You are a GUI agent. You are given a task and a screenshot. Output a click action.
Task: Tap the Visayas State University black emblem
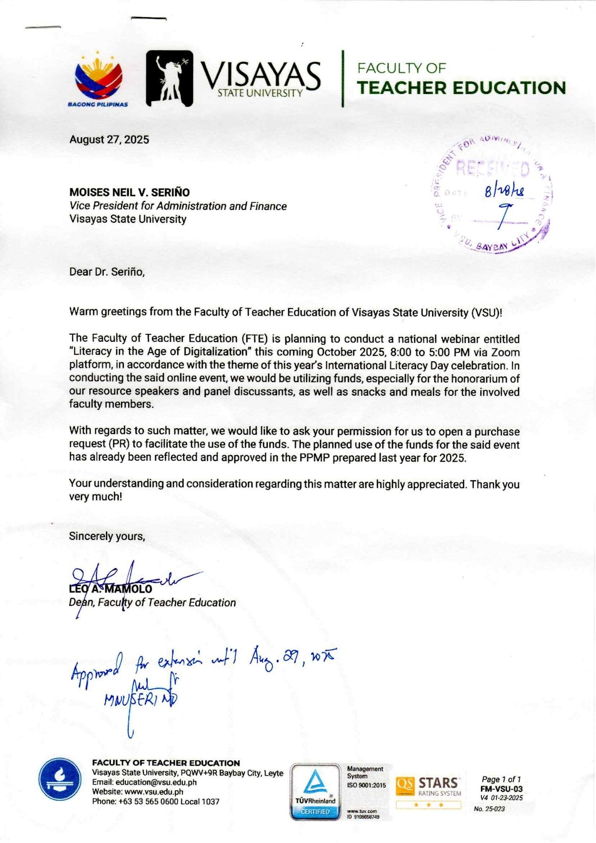169,78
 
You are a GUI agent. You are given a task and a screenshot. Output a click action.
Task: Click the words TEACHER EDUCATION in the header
461,88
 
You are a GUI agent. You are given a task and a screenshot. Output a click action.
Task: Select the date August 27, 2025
109,140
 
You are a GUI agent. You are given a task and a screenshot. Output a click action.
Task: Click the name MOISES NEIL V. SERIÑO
129,192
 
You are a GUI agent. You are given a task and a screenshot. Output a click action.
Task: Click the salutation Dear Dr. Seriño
107,272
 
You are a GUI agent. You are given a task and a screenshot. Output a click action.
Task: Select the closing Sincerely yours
107,536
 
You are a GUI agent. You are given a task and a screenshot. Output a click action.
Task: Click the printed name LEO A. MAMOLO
110,589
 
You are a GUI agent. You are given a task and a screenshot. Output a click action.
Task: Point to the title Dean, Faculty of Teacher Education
152,603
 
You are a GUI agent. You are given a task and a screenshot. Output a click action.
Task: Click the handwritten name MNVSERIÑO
141,700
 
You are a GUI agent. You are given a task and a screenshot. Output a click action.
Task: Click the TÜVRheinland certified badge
315,792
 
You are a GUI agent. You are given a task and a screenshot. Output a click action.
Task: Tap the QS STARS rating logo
428,787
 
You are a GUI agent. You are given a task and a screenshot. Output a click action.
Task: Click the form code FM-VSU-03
501,789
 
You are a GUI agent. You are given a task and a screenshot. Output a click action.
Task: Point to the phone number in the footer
156,802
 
